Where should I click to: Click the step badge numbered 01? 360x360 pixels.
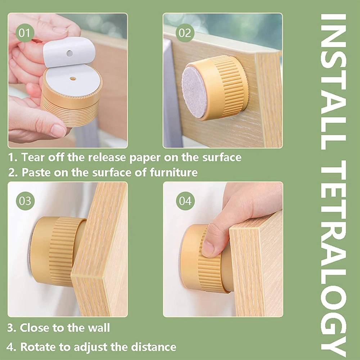click(25, 33)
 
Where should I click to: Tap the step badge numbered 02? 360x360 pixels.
click(185, 33)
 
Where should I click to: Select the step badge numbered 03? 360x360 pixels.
click(25, 201)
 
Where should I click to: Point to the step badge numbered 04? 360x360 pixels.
click(185, 201)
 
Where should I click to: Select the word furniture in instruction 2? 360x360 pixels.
click(174, 172)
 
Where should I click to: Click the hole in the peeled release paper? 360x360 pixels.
click(69, 54)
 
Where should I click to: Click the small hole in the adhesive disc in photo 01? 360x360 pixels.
click(73, 79)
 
